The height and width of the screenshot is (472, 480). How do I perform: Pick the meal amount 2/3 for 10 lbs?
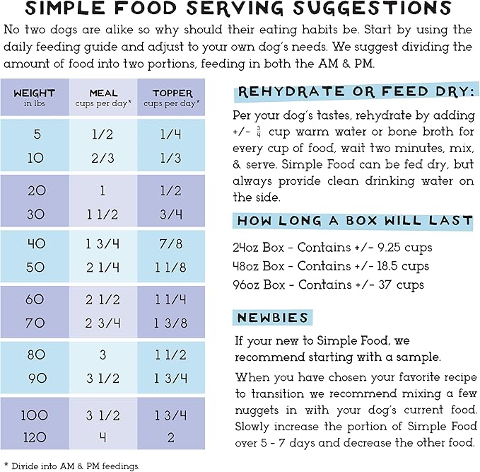[x=103, y=157]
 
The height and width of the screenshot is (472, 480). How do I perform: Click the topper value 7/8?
[x=171, y=243]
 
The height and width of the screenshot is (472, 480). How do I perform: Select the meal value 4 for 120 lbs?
[x=103, y=437]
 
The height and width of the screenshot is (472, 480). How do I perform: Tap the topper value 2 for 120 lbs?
[x=171, y=437]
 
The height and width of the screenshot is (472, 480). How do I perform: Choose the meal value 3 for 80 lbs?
[x=103, y=355]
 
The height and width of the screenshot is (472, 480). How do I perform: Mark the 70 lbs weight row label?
[x=36, y=323]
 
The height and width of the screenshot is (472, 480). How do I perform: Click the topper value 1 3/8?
[x=171, y=323]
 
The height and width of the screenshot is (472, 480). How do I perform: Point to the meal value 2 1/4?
[x=103, y=267]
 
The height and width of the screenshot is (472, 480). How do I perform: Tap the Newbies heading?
[x=273, y=318]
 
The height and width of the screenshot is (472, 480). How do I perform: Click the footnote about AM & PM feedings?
[x=72, y=465]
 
